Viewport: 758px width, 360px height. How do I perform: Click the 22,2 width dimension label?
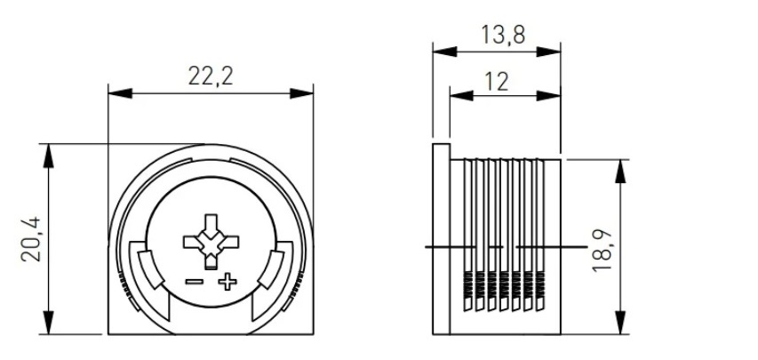click(211, 76)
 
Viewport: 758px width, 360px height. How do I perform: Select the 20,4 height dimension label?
click(31, 239)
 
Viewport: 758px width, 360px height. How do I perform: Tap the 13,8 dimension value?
click(503, 36)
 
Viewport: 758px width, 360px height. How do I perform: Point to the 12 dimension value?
click(497, 82)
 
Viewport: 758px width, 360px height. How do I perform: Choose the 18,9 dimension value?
click(602, 251)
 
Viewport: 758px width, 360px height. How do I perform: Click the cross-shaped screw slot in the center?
click(211, 242)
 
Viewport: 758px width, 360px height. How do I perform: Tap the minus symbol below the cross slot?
click(195, 282)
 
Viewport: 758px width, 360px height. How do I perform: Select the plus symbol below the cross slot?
click(227, 282)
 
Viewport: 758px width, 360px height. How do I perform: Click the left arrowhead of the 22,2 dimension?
click(120, 93)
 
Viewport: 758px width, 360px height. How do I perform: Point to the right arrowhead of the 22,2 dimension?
click(301, 93)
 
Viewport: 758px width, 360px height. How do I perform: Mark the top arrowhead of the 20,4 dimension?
click(48, 156)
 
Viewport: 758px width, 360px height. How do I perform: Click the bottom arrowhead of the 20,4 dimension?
click(48, 323)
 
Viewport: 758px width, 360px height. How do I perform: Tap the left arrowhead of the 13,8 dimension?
click(444, 52)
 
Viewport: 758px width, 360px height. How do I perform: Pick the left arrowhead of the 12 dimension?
click(462, 96)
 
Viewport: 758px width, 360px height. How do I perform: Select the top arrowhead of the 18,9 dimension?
click(621, 171)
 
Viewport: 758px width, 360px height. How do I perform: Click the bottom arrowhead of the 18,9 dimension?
click(621, 323)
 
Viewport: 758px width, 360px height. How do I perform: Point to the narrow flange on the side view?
click(442, 239)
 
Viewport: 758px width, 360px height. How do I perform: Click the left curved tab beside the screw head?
click(151, 269)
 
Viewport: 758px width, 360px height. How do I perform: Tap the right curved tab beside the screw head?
click(271, 269)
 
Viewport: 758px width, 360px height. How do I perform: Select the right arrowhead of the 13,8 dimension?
click(548, 52)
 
